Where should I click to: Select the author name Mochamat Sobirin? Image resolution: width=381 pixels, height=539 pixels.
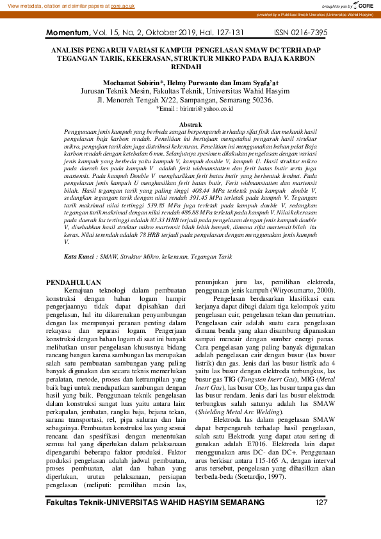(x=134, y=83)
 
